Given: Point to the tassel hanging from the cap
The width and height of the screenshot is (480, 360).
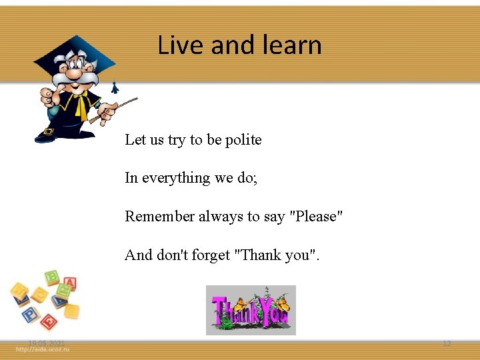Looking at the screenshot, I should pyautogui.click(x=115, y=87).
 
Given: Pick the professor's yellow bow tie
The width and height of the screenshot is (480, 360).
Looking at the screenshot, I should pyautogui.click(x=81, y=103).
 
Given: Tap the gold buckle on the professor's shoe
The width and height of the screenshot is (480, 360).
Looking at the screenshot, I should pyautogui.click(x=49, y=131).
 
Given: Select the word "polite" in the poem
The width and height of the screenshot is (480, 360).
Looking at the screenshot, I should pyautogui.click(x=243, y=140).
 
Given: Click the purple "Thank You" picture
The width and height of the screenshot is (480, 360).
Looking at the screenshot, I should pyautogui.click(x=251, y=310).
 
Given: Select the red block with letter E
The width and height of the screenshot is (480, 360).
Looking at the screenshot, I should pyautogui.click(x=48, y=322).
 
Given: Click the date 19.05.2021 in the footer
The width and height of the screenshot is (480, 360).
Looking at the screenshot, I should pyautogui.click(x=46, y=343).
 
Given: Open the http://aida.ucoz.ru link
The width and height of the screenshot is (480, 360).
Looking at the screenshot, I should pyautogui.click(x=43, y=351).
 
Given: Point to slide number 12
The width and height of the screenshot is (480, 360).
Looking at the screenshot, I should pyautogui.click(x=447, y=343).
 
